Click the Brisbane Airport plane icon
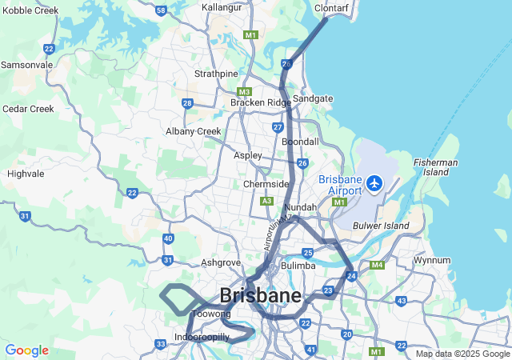374,183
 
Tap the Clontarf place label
331,7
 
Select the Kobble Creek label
30,10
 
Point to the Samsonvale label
26,64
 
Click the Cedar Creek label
28,108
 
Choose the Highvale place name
26,173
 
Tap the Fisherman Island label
436,167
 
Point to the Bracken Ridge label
261,102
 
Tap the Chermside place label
266,184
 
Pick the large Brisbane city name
260,295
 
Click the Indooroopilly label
202,338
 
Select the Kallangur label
222,7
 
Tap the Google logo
26,350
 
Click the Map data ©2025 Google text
462,354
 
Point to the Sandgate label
313,98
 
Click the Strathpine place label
216,74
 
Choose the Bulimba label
298,266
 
